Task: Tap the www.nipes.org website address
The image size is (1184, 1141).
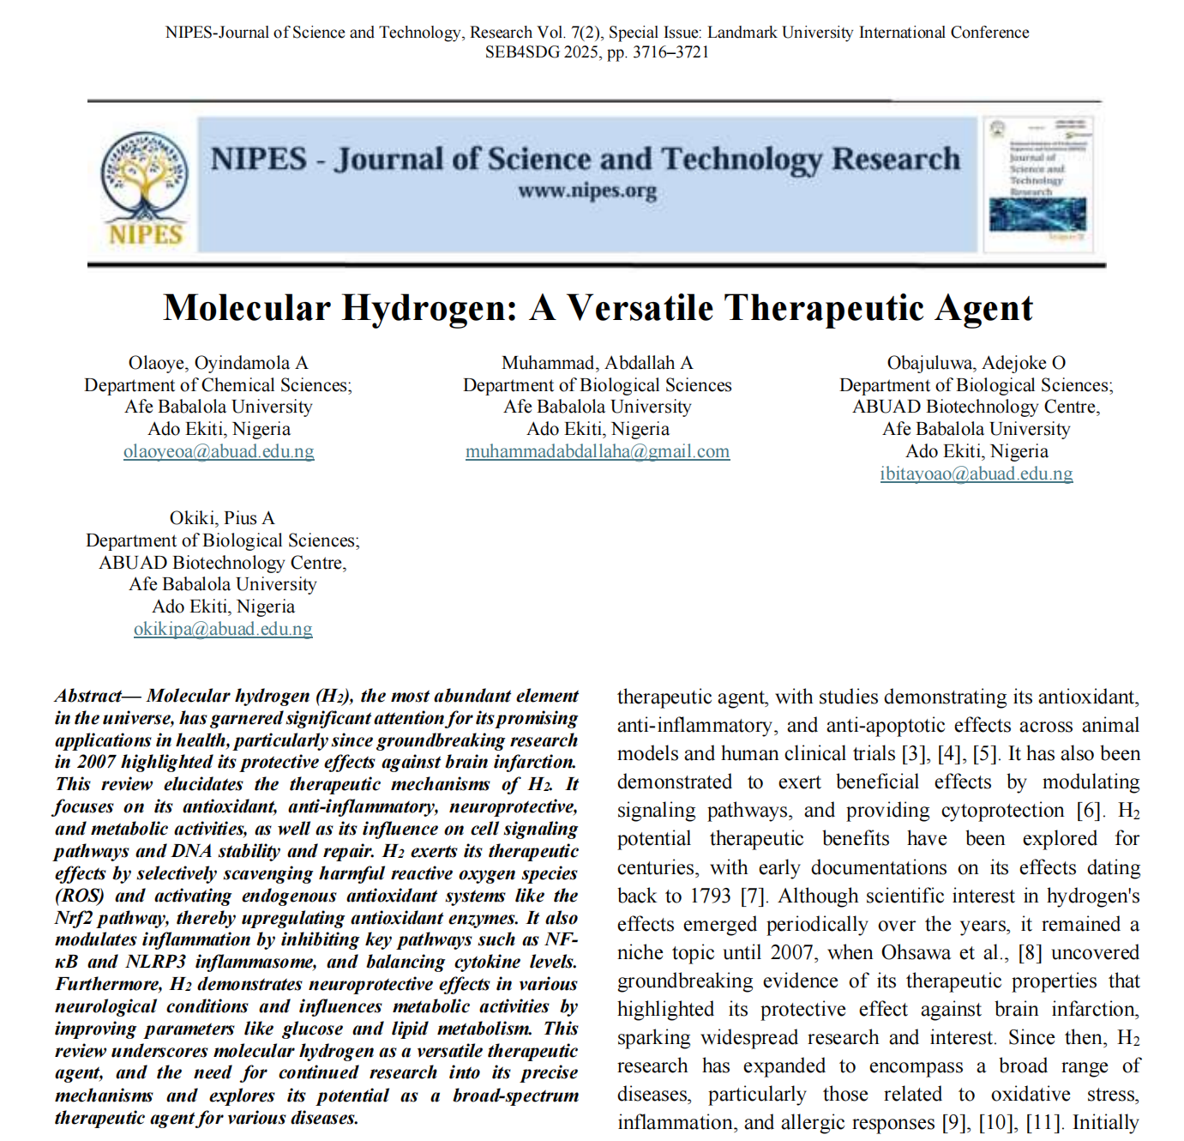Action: (587, 190)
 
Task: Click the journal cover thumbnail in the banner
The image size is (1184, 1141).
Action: (1038, 184)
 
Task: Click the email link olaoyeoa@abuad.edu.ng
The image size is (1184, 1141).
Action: (219, 451)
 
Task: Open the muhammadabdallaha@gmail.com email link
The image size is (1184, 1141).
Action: (598, 451)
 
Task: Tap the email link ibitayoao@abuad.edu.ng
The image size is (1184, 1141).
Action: (976, 474)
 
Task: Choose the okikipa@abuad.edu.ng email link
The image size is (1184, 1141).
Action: (223, 629)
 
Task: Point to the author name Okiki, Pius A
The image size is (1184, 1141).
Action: (222, 518)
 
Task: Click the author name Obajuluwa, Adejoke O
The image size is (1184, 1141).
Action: (976, 363)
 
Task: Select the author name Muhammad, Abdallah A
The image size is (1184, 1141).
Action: (598, 363)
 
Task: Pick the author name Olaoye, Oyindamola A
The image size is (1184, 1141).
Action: (218, 363)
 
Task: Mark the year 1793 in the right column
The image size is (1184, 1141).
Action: (711, 896)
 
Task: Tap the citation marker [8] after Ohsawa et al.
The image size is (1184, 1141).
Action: (1030, 953)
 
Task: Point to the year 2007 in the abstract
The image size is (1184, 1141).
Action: (95, 762)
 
